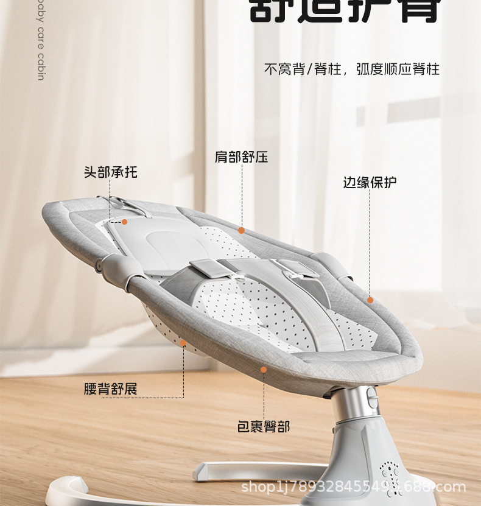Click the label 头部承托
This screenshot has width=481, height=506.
[x=110, y=172]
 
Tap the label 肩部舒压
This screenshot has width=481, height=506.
[x=241, y=157]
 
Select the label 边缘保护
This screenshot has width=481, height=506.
[x=370, y=182]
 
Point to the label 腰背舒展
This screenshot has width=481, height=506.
[x=110, y=388]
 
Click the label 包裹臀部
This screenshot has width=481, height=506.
[x=263, y=426]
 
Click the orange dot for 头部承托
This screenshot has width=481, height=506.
[x=124, y=222]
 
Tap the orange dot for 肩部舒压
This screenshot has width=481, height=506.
[x=242, y=230]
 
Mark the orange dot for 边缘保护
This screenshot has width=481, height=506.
[x=370, y=300]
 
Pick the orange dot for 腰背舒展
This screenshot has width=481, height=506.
[x=183, y=343]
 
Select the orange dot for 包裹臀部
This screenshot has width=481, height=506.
[x=264, y=369]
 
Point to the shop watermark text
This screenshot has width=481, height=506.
[x=353, y=487]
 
